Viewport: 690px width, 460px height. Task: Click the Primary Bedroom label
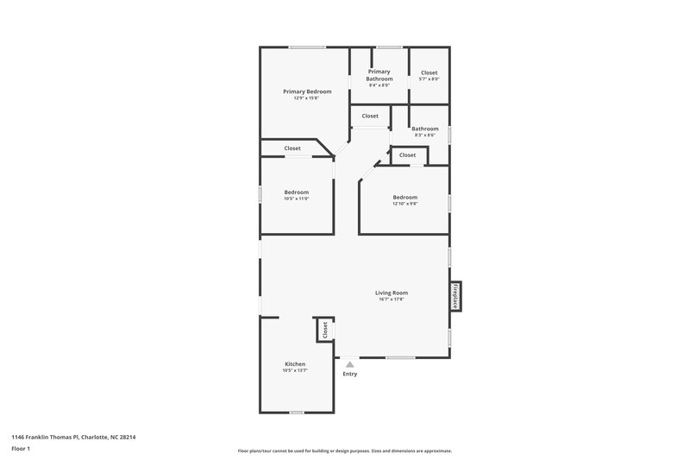306,91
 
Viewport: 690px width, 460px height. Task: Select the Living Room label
392,293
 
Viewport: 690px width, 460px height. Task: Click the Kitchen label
295,364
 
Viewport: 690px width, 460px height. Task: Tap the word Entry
349,374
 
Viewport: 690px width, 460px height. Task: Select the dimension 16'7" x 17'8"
392,299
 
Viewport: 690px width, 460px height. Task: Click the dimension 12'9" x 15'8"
306,98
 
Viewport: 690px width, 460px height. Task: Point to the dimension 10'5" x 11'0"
296,198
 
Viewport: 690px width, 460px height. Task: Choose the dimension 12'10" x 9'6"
405,204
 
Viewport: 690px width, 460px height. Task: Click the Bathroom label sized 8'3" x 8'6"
425,129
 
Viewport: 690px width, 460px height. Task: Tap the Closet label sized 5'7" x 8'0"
429,72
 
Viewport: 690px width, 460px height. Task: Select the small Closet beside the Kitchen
325,329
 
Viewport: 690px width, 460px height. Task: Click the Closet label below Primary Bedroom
292,148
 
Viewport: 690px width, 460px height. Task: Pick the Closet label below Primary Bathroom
370,116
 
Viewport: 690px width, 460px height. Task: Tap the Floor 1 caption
20,449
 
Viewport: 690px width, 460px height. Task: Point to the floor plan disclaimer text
344,451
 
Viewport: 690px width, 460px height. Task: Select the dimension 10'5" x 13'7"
295,370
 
